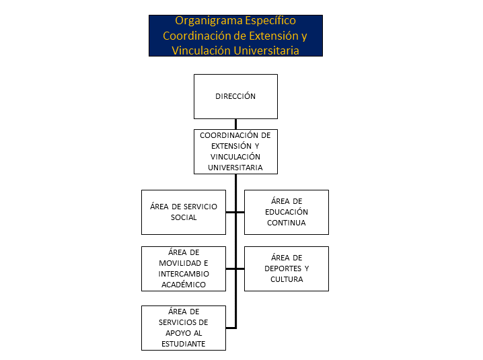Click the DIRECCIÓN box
235,96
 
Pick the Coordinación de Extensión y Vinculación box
235,151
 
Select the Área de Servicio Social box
184,212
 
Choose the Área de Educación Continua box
287,212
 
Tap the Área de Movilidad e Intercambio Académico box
184,268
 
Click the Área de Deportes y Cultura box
287,268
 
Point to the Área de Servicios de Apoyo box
184,328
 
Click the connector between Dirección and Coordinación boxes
235,124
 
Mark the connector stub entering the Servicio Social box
231,212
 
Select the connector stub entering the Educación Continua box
241,212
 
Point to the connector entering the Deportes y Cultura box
241,268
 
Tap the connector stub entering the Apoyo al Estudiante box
231,328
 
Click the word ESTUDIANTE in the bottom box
183,344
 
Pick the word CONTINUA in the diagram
287,223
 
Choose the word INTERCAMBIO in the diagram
184,274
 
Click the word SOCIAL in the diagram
184,217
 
